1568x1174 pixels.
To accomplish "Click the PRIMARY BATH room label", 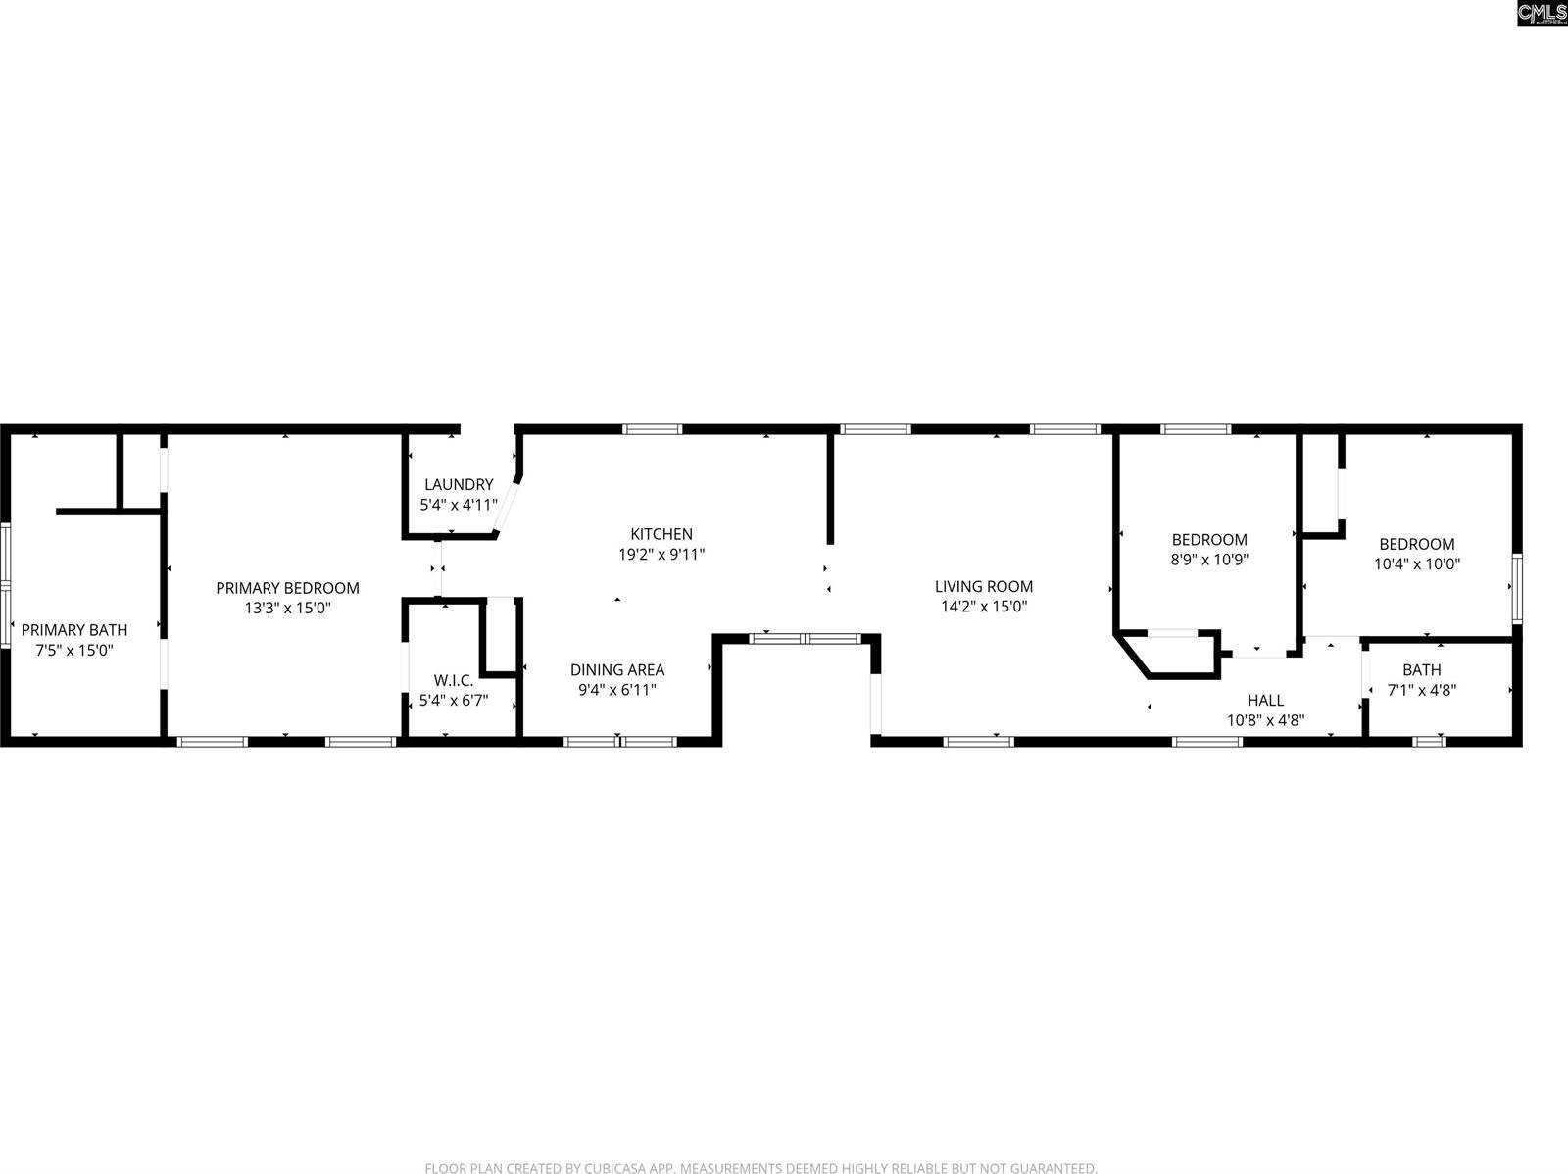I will (x=74, y=630).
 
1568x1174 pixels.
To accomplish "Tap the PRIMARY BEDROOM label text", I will (x=287, y=588).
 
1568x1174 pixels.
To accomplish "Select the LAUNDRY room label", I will (x=459, y=484).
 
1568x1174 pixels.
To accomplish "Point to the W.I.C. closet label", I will (x=454, y=680).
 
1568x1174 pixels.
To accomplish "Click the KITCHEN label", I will (x=661, y=534).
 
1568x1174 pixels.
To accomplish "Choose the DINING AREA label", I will (x=617, y=669).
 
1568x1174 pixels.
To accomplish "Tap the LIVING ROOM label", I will (x=983, y=586).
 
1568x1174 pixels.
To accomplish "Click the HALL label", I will (x=1265, y=700).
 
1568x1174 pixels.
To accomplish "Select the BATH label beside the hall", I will (x=1421, y=669).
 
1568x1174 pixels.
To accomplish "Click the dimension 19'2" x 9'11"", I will (x=661, y=555).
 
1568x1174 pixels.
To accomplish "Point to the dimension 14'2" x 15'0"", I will (x=983, y=607).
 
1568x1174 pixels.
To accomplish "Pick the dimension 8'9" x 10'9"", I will (x=1209, y=560).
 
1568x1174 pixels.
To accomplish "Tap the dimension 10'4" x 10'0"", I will (x=1416, y=564).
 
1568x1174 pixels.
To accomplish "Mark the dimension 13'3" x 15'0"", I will (x=287, y=609).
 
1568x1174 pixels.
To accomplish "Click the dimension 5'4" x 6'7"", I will (x=454, y=701).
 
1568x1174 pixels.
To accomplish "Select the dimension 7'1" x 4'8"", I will (x=1421, y=690).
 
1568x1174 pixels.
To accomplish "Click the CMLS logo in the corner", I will (x=1541, y=13).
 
